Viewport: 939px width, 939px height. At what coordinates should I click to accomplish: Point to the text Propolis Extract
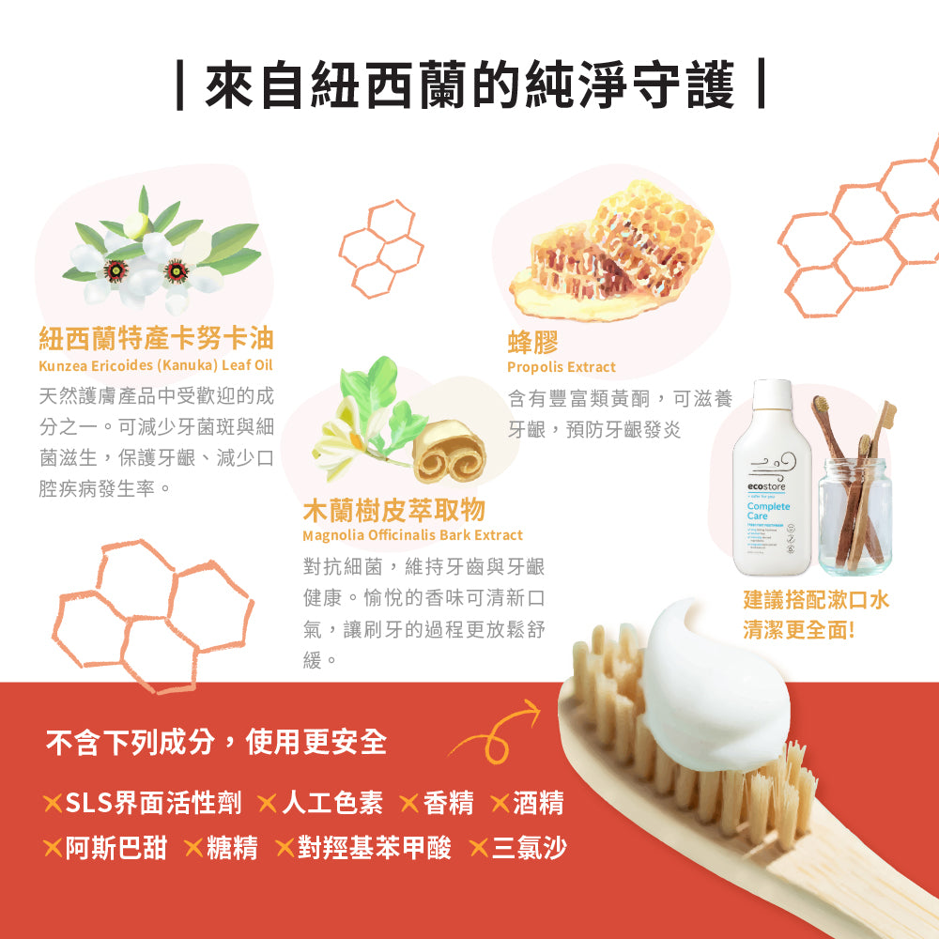562,367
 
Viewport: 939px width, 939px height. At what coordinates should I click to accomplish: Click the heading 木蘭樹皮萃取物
393,510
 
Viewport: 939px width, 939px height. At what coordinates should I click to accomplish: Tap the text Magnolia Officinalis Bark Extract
412,535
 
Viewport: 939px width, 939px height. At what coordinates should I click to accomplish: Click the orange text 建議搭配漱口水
815,600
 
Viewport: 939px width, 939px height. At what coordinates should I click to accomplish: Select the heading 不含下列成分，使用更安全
217,743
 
